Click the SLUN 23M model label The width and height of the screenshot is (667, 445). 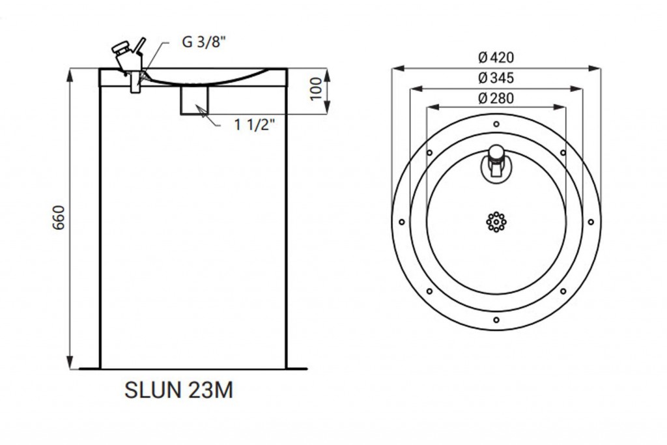tap(178, 390)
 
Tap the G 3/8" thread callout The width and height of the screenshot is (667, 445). tap(204, 42)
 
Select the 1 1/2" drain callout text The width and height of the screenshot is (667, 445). tap(255, 125)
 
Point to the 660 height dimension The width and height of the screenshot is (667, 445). tap(58, 218)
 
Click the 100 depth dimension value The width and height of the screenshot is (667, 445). tap(316, 89)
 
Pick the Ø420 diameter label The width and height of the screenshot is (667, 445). tap(496, 57)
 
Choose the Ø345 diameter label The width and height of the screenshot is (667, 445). tap(496, 78)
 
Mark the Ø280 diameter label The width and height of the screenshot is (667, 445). tap(496, 98)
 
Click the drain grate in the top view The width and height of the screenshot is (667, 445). tap(496, 222)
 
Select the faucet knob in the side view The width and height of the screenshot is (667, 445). tap(120, 47)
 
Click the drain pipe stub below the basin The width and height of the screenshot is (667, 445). tap(194, 100)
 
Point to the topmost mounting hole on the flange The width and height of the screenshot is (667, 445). tap(496, 124)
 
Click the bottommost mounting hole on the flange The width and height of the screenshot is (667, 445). tap(496, 320)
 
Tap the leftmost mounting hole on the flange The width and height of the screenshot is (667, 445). tap(401, 222)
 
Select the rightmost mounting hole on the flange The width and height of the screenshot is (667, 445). tap(591, 222)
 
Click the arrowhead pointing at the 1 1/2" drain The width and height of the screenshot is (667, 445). tap(202, 111)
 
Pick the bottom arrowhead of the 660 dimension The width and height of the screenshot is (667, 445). tap(70, 362)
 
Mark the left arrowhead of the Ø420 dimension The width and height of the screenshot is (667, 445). tap(398, 68)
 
